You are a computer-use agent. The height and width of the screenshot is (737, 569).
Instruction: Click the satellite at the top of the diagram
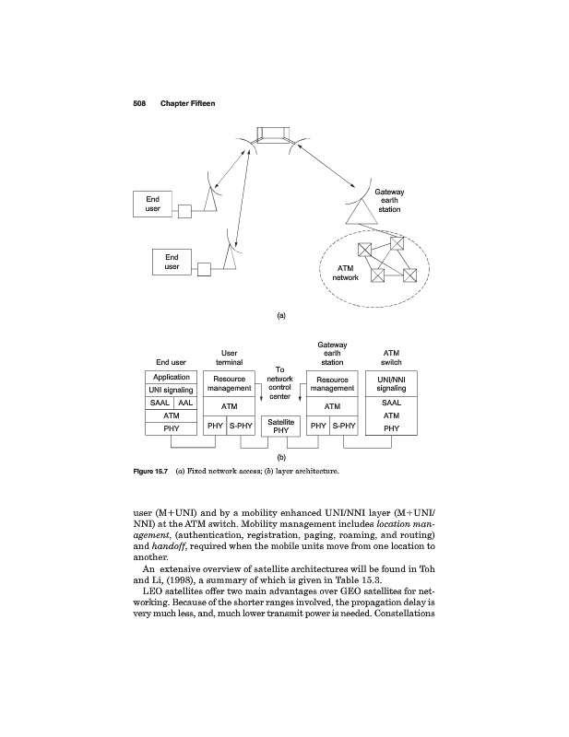pos(275,135)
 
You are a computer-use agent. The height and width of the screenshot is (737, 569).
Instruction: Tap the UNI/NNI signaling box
pos(391,383)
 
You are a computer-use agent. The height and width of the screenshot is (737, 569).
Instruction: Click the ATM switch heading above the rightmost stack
pos(391,357)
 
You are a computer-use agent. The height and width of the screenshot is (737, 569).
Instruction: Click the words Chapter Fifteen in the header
pos(187,103)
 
